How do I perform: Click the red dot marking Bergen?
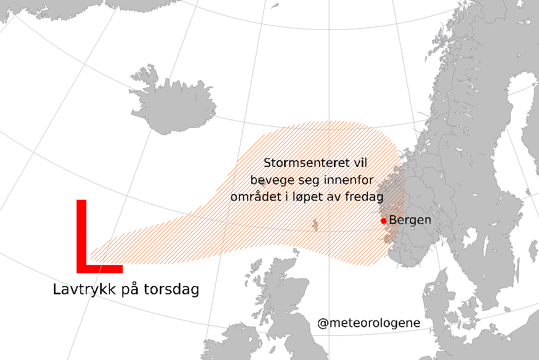tap(383, 221)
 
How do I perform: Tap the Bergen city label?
tap(410, 220)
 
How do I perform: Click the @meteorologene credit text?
tap(369, 324)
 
